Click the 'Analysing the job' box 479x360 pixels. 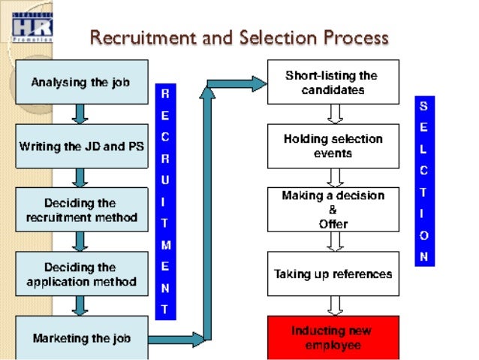pyautogui.click(x=81, y=82)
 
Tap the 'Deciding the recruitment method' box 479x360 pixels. pyautogui.click(x=81, y=210)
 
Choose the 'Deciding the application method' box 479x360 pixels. pyautogui.click(x=81, y=274)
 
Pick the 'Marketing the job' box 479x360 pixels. pyautogui.click(x=81, y=337)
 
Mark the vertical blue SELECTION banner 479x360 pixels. pyautogui.click(x=424, y=181)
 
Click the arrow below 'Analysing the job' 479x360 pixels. pyautogui.click(x=80, y=113)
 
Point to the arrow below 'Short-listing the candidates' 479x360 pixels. pyautogui.click(x=335, y=113)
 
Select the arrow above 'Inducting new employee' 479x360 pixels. pyautogui.click(x=335, y=306)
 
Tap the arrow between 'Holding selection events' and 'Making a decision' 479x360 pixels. pyautogui.click(x=335, y=177)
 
